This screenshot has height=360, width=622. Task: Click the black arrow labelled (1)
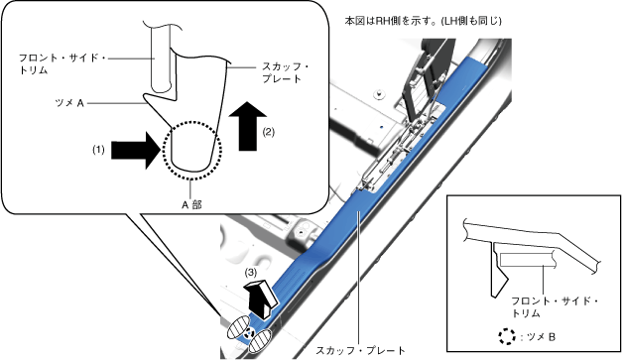click(x=136, y=151)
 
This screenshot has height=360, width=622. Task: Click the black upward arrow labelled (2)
click(x=248, y=126)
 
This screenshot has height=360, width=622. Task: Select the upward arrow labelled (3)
click(x=263, y=298)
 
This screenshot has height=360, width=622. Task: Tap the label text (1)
click(x=98, y=150)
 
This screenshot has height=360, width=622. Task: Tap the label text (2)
click(x=269, y=132)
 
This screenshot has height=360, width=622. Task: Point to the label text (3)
click(x=250, y=273)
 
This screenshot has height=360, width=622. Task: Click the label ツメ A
click(x=69, y=103)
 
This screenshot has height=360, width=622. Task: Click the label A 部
click(x=191, y=205)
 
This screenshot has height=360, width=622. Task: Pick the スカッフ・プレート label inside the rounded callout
click(x=286, y=72)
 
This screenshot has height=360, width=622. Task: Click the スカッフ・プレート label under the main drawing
click(x=360, y=350)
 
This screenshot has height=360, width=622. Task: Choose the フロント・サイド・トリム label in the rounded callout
click(x=62, y=63)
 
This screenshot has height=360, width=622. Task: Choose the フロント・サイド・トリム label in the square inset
click(x=555, y=306)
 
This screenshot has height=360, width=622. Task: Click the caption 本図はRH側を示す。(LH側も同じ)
click(x=424, y=21)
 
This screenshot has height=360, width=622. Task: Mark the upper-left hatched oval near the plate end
click(x=238, y=326)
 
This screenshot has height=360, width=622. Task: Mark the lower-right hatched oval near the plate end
click(x=260, y=341)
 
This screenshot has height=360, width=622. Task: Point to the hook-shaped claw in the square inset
click(x=498, y=274)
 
